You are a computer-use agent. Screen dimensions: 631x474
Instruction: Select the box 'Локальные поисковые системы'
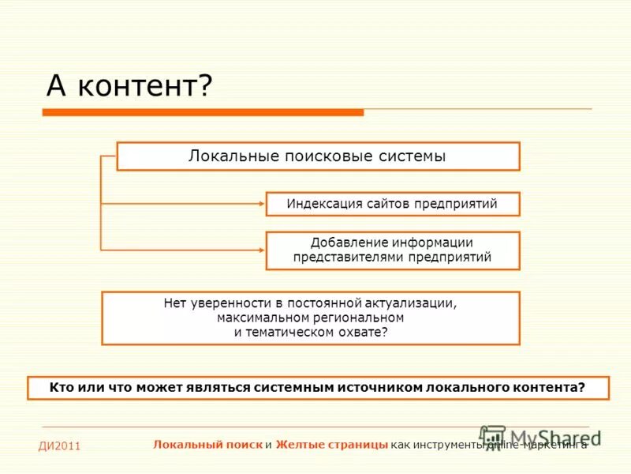318,156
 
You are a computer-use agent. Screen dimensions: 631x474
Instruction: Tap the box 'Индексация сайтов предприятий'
392,204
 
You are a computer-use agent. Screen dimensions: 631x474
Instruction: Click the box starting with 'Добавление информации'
392,250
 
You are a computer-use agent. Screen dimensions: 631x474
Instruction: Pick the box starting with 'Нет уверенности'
311,318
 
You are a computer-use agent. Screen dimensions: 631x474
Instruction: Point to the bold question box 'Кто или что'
318,388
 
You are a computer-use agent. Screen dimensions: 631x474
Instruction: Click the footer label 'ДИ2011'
60,447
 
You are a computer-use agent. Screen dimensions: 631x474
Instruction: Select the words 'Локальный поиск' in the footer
208,445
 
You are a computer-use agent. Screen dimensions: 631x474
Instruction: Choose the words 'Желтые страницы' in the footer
331,445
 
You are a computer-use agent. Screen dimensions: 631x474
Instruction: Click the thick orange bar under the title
203,113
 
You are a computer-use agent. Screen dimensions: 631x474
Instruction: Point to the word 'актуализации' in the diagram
417,303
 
